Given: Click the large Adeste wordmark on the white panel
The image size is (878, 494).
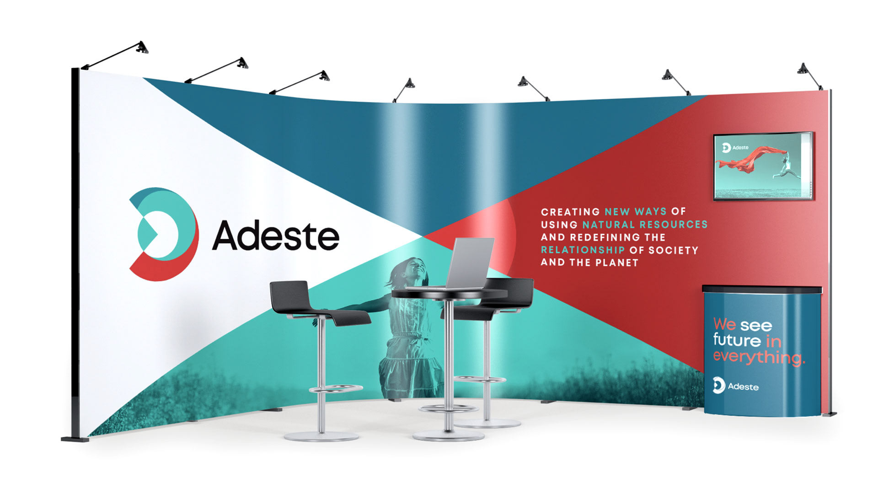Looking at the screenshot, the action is (x=276, y=235).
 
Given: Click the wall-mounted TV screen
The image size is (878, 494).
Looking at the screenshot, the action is (x=763, y=166).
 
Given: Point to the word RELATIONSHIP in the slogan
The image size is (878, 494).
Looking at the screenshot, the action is (x=583, y=250).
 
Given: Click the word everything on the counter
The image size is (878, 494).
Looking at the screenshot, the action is (x=759, y=357).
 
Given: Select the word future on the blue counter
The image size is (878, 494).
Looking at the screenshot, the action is (x=737, y=340).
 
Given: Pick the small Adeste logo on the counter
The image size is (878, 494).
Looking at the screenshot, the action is (x=735, y=386).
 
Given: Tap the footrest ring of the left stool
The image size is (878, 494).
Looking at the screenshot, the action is (x=336, y=389).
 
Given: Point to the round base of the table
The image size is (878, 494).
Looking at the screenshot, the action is (x=448, y=435).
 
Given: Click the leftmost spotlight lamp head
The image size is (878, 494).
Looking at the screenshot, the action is (x=142, y=48).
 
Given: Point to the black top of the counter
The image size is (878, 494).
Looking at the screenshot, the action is (x=762, y=290).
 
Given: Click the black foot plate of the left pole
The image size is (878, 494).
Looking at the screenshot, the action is (x=75, y=439).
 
